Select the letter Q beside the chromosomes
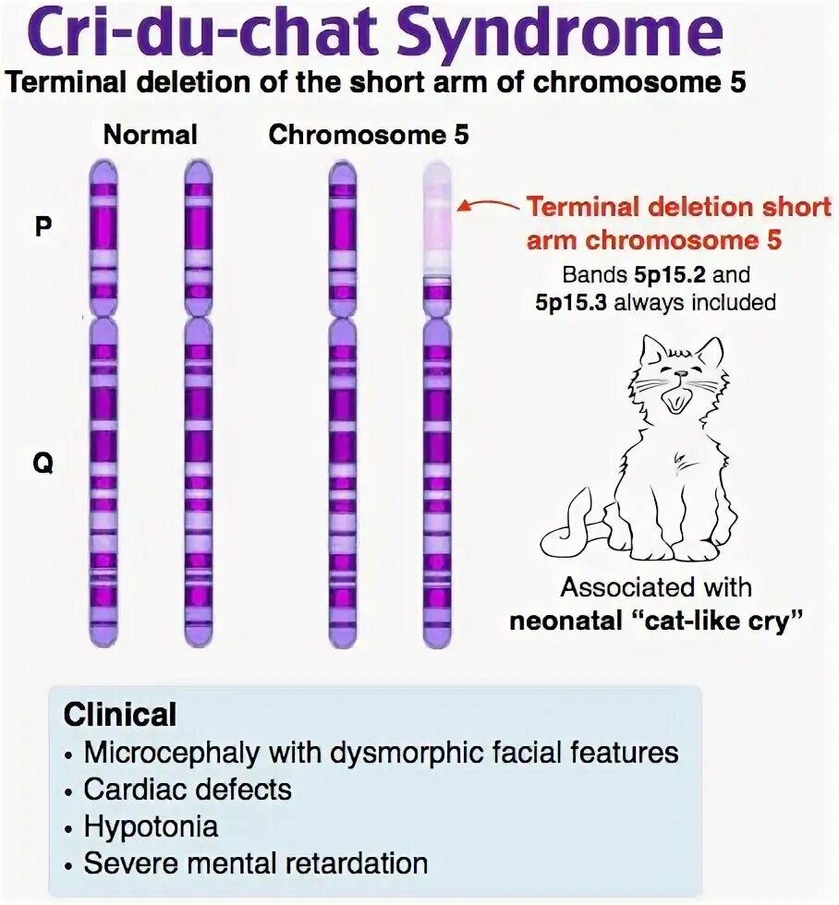coord(43,465)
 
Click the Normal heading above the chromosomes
coord(151,135)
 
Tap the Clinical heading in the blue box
coord(120,714)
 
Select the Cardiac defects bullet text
coord(188,790)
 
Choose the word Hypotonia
coord(151,826)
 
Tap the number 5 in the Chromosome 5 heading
coord(460,135)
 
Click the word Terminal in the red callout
coord(582,205)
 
